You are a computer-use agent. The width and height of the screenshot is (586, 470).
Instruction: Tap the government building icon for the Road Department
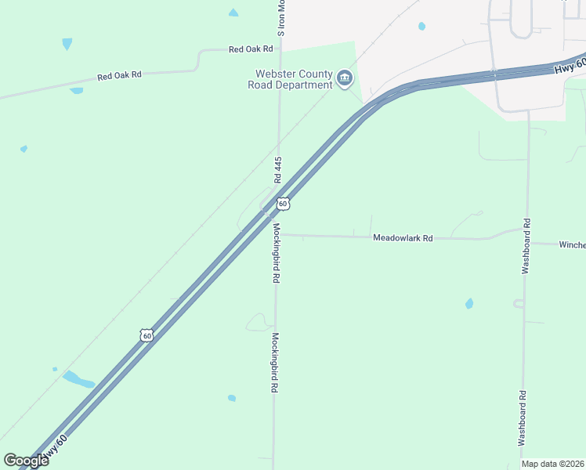345,78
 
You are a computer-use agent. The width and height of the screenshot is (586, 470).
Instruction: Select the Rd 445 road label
278,169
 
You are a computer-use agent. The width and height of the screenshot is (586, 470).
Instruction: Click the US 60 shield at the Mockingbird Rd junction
283,204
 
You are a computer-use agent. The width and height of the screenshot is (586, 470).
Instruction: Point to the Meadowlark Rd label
403,237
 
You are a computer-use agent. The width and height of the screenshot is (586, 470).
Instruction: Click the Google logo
26,461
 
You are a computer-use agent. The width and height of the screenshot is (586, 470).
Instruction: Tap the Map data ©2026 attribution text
553,464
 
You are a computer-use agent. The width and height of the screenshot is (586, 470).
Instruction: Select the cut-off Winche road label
572,244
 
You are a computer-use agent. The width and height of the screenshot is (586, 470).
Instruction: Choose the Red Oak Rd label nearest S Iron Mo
251,49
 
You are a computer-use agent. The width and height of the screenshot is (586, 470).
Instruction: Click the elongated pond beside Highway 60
78,380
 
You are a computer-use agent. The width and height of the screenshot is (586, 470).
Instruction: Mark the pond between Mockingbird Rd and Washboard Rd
469,303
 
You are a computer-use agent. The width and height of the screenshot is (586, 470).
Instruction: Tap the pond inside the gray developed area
422,26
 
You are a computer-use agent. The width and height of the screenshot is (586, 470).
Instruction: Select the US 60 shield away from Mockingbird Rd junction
146,334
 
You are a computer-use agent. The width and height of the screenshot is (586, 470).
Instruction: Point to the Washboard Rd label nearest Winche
526,245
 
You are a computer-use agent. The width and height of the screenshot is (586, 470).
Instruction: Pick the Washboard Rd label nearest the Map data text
522,418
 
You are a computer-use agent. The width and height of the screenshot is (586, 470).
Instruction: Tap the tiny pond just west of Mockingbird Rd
232,398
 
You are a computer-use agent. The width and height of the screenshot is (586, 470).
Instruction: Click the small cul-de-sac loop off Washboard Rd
518,303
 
